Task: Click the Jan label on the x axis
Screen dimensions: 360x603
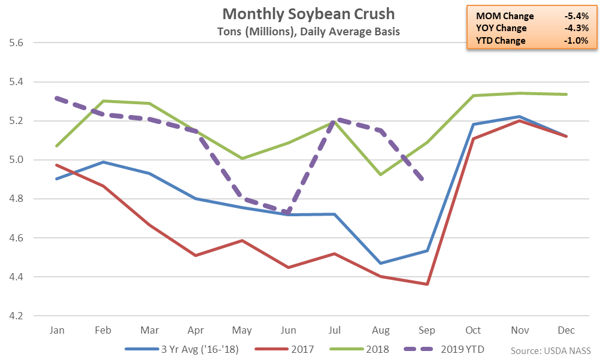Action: pos(57,330)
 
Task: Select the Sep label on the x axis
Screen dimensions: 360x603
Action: pos(427,330)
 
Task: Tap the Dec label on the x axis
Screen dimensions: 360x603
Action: pos(566,330)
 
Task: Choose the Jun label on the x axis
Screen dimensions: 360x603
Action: pos(288,330)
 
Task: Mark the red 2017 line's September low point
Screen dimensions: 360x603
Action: pos(427,284)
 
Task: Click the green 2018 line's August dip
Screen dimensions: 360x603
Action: pos(381,174)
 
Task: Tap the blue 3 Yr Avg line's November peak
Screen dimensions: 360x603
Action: pos(520,116)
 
